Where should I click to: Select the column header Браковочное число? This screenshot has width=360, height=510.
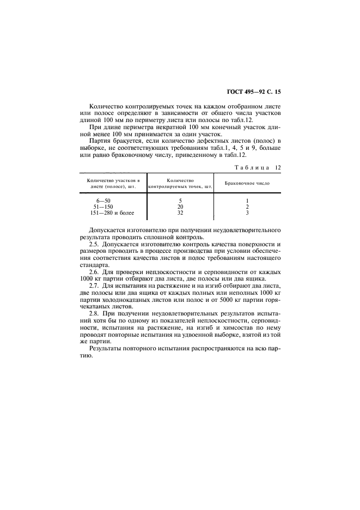[247, 183]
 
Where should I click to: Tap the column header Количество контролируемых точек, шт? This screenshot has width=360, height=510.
[180, 183]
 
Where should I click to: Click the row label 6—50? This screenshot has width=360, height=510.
[103, 201]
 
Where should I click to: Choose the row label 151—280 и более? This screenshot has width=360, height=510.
[113, 212]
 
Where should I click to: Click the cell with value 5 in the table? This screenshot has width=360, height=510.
[180, 201]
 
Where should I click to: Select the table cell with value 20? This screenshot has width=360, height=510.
[180, 207]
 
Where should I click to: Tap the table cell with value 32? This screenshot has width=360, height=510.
[180, 212]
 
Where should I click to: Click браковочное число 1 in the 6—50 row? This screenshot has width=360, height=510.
[247, 201]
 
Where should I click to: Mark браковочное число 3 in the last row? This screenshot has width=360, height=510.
[247, 212]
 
